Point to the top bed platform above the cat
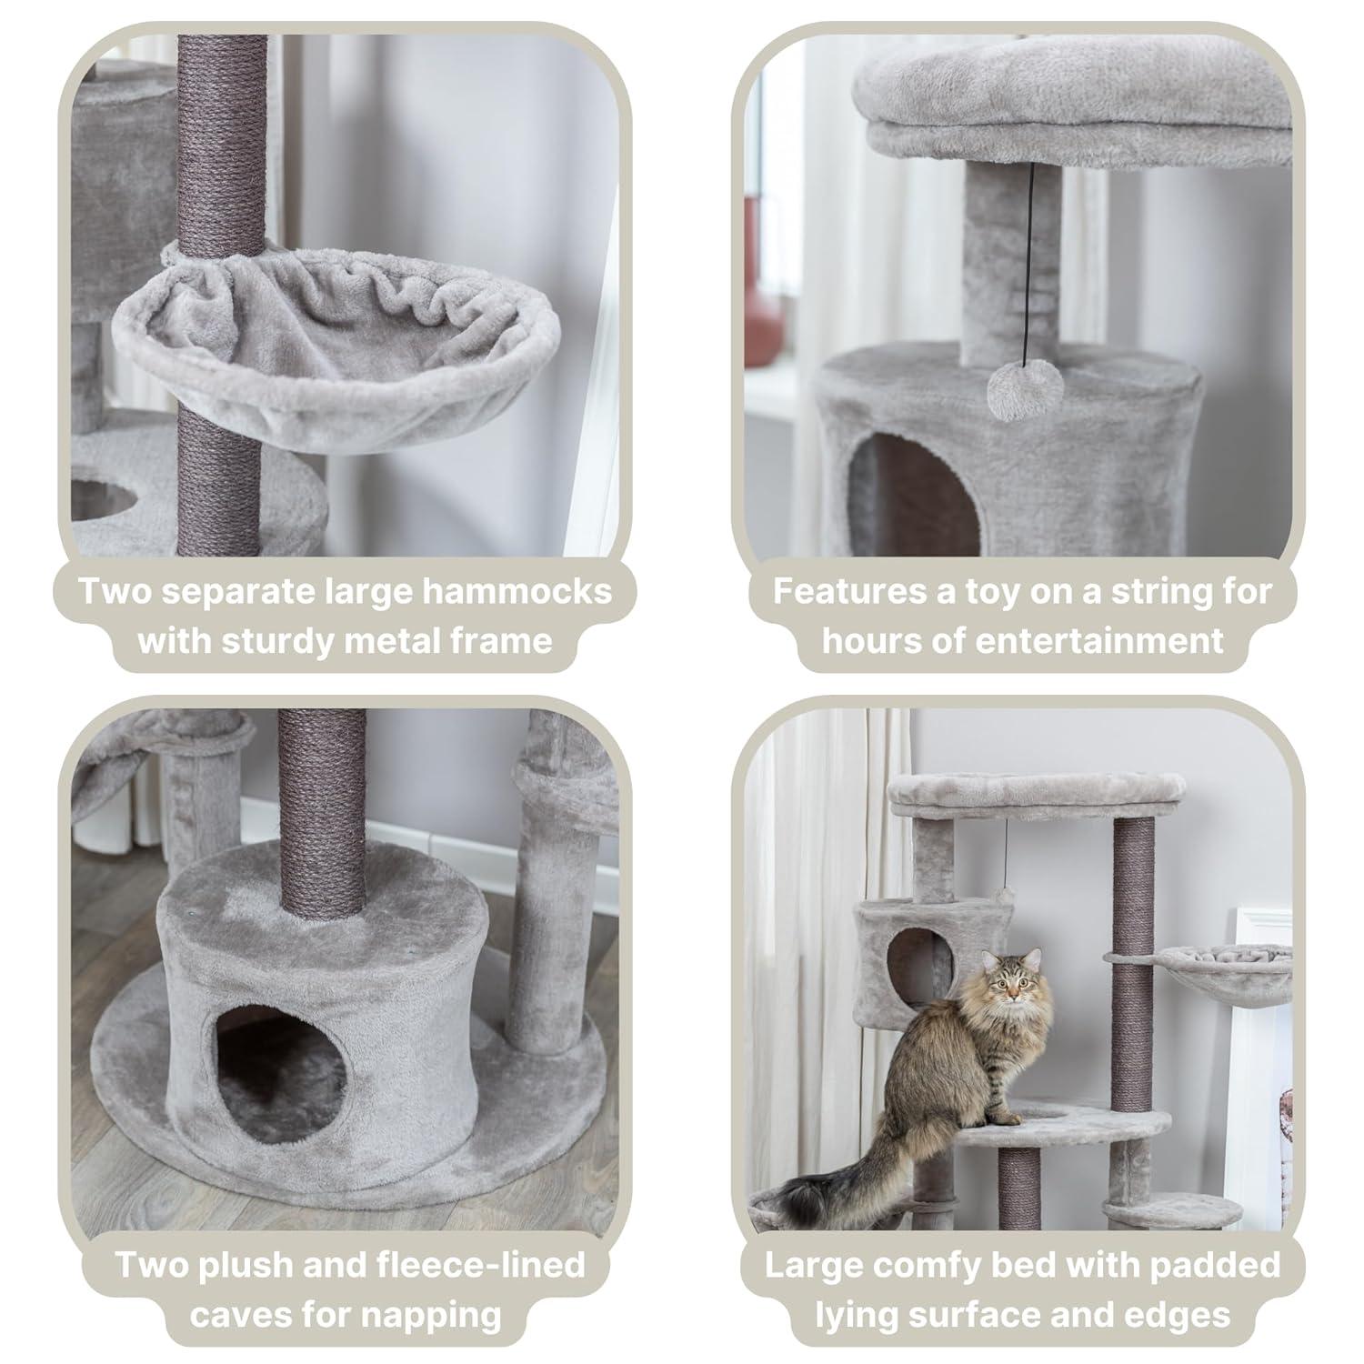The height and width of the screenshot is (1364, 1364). pyautogui.click(x=1037, y=793)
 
